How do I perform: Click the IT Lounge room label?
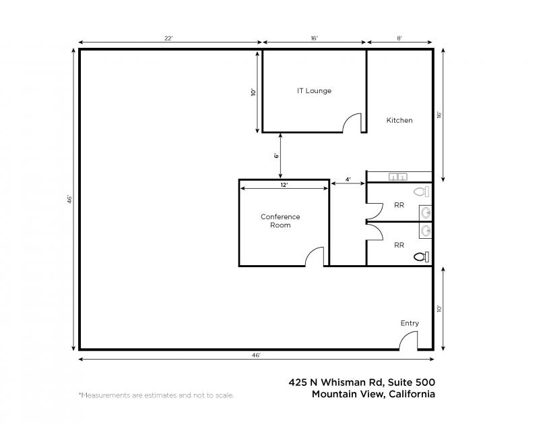tap(314, 91)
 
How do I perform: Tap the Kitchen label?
tap(399, 120)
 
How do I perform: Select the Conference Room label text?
tap(280, 221)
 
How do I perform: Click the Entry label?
tap(410, 323)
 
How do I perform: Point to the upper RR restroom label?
tap(399, 205)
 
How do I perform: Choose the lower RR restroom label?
tap(399, 245)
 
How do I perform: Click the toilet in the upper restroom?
tap(421, 192)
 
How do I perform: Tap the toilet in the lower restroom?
tap(421, 257)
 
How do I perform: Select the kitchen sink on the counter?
tap(398, 177)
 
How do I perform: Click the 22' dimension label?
tap(169, 38)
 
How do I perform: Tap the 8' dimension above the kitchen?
tap(399, 38)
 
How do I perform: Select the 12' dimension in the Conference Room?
tap(284, 184)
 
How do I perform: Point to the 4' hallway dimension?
tap(348, 179)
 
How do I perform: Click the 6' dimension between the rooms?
tap(276, 155)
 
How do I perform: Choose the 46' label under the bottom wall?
tap(256, 356)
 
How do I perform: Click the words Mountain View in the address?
tap(348, 394)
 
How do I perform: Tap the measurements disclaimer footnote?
tap(156, 395)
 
